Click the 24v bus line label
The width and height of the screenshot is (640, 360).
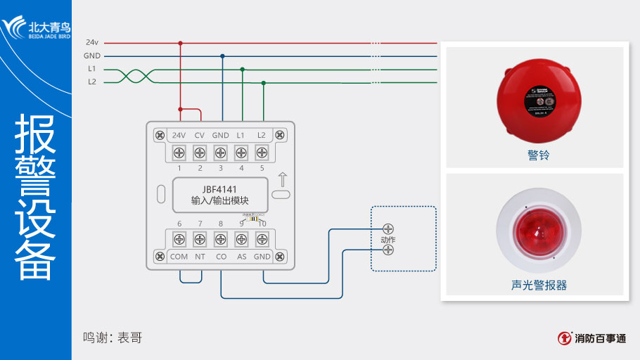(x=91, y=43)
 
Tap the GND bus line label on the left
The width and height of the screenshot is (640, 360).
(x=91, y=56)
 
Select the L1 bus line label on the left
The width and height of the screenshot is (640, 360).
(x=91, y=69)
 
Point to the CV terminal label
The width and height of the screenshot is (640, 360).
(x=200, y=135)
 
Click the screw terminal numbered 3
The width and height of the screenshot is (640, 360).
(x=220, y=152)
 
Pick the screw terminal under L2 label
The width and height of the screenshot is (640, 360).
(x=262, y=152)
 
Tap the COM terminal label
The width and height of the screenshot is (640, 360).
(x=179, y=257)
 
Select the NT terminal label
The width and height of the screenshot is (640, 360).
(x=200, y=257)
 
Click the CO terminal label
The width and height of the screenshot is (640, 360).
(x=221, y=257)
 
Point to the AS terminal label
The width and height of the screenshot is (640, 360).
(x=241, y=257)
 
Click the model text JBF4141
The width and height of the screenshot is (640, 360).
(x=219, y=189)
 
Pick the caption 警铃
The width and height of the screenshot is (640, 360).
(x=538, y=155)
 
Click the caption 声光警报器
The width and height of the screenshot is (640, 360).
(x=539, y=285)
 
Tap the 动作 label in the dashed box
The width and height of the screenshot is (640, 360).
(x=388, y=240)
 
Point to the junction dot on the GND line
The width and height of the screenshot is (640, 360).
(x=223, y=56)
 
